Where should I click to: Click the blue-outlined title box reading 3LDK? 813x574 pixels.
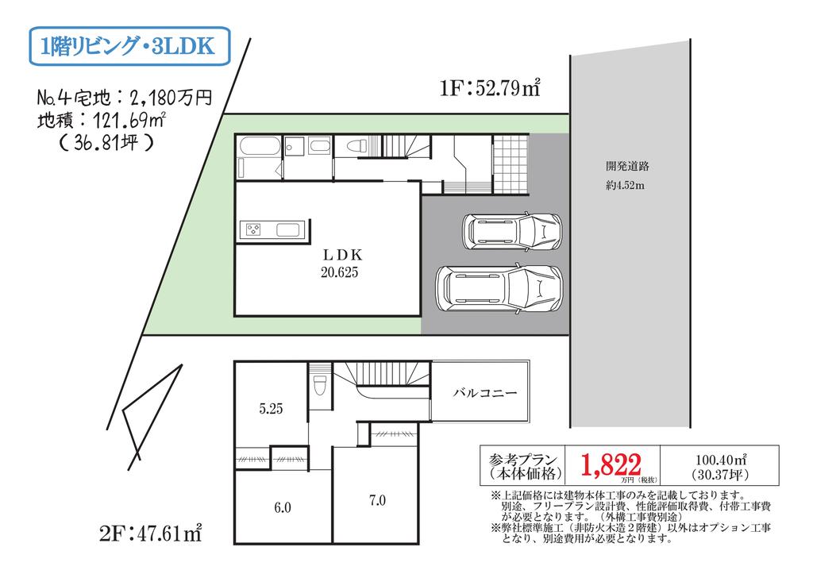[129, 46]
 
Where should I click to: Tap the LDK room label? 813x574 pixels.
[342, 255]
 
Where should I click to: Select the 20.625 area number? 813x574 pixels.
[340, 272]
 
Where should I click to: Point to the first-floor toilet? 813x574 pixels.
[356, 146]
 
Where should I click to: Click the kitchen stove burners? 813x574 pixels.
[253, 229]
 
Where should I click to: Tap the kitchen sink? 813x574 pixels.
[289, 229]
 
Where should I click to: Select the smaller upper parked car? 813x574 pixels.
[512, 231]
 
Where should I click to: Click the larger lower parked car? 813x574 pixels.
[499, 287]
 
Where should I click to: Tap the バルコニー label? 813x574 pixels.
[485, 392]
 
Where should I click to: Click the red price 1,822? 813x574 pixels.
[611, 464]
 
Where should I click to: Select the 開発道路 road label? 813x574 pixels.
[627, 167]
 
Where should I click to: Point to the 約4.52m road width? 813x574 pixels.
[626, 186]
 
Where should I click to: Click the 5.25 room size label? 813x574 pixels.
[272, 409]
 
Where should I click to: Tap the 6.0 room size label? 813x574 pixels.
[283, 507]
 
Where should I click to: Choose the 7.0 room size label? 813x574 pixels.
[377, 500]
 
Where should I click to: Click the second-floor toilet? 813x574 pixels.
[320, 385]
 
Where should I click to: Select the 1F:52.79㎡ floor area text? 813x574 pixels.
[490, 87]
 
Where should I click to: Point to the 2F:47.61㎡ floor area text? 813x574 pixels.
[150, 533]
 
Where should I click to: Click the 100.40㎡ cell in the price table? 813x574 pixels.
[720, 465]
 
